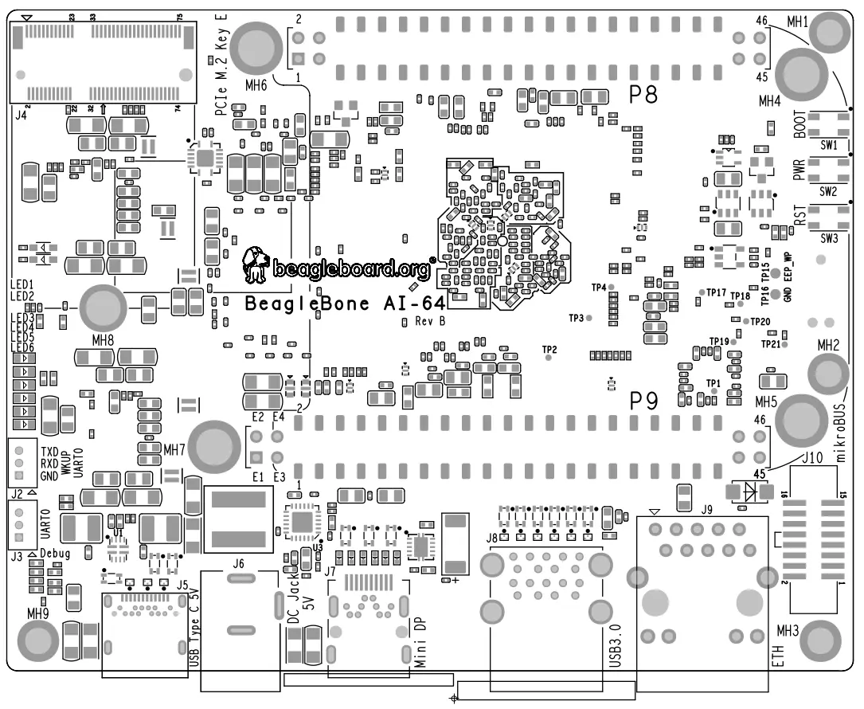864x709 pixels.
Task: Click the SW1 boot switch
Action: coord(828,124)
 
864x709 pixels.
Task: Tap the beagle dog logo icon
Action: coord(256,264)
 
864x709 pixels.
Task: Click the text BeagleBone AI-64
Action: coord(344,304)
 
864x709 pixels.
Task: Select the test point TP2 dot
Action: coord(549,358)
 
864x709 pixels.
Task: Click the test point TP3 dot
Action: coord(589,318)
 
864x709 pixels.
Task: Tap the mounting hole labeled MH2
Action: coord(828,372)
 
